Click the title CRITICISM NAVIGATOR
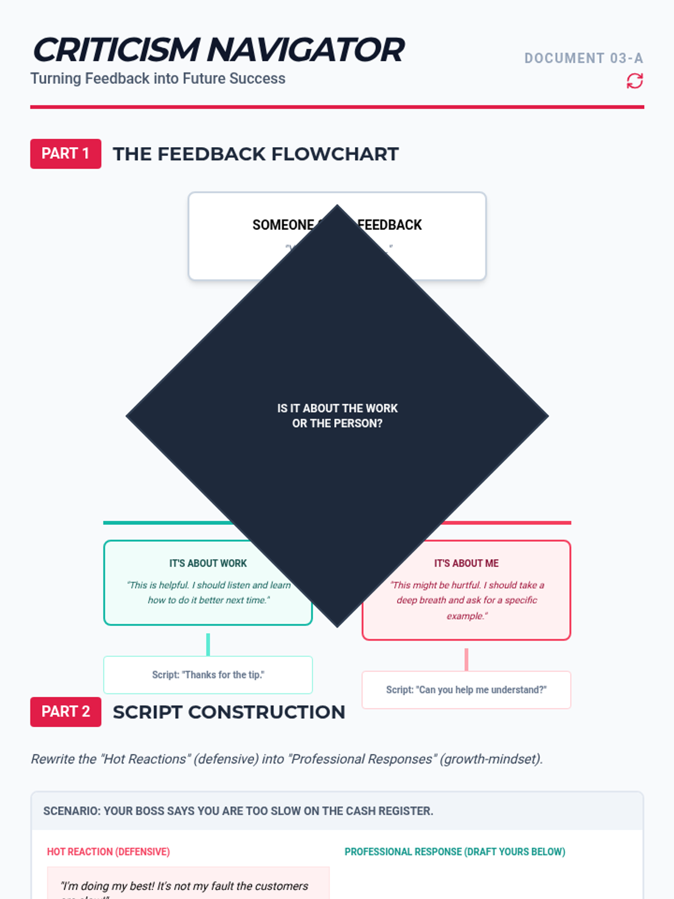coord(218,50)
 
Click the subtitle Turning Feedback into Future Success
coord(158,79)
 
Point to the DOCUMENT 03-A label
coord(584,58)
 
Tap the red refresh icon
coord(635,81)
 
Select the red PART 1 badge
coord(66,154)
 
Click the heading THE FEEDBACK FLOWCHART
coord(256,154)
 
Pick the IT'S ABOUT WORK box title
coord(208,563)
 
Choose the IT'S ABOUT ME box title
coord(466,563)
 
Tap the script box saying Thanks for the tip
coord(208,675)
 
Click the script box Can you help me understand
coord(466,690)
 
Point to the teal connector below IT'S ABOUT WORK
coord(208,644)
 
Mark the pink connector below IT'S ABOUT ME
coord(466,659)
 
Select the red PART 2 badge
coord(66,712)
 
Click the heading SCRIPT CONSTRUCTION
coord(229,712)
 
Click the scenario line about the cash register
coord(238,811)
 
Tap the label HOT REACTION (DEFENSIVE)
coord(108,852)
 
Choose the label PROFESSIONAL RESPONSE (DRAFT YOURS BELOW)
coord(455,852)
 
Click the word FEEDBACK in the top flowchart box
coord(390,225)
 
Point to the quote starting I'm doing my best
coord(184,887)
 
